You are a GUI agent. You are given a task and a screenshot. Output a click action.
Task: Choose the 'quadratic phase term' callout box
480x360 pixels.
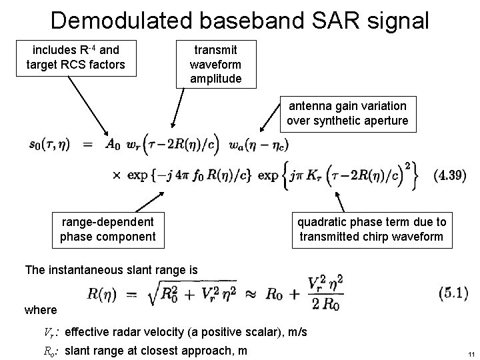(372, 229)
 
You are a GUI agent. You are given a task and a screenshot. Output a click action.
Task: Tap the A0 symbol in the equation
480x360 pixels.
(113, 143)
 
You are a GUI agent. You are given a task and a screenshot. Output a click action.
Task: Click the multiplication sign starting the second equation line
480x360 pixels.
(115, 175)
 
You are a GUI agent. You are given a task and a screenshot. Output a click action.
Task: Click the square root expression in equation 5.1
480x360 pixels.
(198, 293)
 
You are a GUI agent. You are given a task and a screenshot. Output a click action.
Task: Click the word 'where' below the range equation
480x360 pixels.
(41, 310)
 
